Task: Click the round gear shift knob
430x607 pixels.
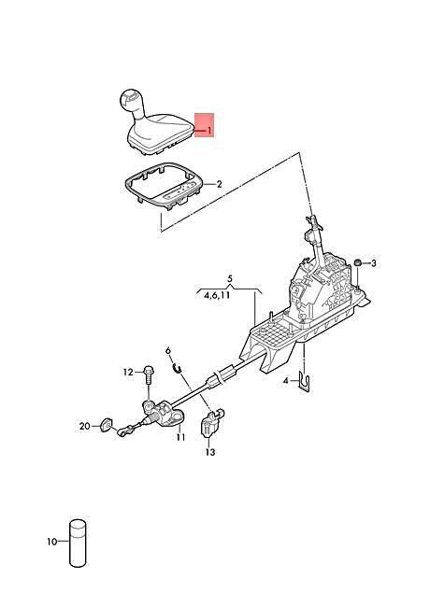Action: [x=131, y=100]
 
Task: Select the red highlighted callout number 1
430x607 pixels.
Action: [x=209, y=131]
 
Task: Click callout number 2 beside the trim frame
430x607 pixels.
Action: [x=219, y=184]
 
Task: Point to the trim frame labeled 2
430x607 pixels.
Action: [x=163, y=187]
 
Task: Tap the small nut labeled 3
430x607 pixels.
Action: [x=358, y=263]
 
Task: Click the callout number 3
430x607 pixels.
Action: [x=373, y=263]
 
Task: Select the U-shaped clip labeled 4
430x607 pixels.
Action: [x=306, y=382]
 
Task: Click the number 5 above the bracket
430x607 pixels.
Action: [x=230, y=278]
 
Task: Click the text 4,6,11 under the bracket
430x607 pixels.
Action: [x=217, y=296]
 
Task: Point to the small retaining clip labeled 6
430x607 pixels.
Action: [x=177, y=368]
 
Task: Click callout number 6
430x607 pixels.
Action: [x=168, y=351]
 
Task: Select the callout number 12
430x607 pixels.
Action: [x=128, y=372]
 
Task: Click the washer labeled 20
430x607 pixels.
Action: [x=106, y=425]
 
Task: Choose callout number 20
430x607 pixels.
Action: [x=85, y=426]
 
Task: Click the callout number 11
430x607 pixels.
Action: [x=180, y=437]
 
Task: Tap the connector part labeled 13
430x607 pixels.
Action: [x=211, y=423]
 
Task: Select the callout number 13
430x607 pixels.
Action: [x=210, y=452]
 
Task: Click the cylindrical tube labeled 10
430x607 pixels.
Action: [x=78, y=543]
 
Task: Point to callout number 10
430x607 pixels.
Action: [x=52, y=542]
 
